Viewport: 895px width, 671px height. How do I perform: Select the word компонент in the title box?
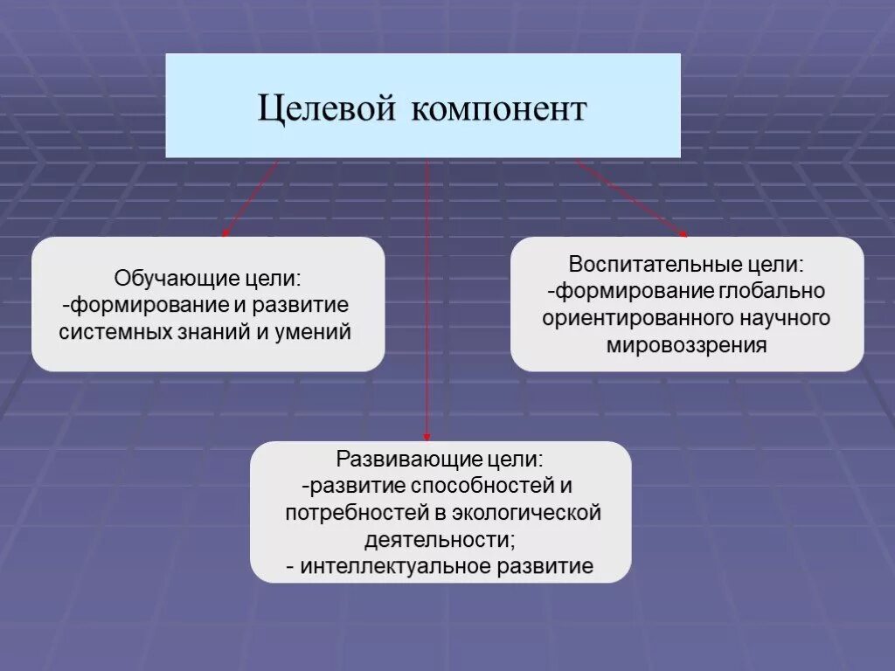[498, 110]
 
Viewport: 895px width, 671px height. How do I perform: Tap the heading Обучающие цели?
[208, 280]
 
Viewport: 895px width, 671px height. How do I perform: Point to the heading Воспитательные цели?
[686, 264]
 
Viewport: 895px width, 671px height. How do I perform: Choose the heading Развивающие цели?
[440, 459]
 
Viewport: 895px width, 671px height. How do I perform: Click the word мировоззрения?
[686, 345]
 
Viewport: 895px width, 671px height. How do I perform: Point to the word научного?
[786, 318]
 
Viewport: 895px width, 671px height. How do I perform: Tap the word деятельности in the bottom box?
[436, 539]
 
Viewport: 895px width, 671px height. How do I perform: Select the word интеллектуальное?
[396, 566]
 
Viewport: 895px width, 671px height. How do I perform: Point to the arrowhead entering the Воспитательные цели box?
[683, 233]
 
